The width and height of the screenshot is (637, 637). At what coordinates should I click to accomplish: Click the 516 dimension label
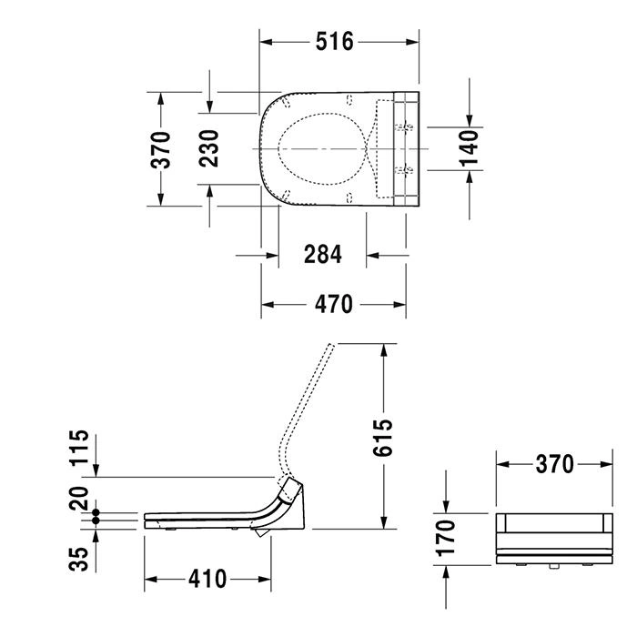coord(335,42)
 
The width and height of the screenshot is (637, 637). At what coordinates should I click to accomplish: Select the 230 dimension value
coord(208,148)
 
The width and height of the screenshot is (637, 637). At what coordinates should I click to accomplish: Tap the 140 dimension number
coord(470,148)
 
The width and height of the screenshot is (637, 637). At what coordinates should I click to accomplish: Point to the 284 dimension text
coord(323,255)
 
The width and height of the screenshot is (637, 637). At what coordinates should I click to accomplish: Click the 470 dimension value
coord(334,305)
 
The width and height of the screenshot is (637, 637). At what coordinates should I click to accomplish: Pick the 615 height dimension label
coord(383,438)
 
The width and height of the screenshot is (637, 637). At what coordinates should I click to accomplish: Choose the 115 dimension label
coord(79,448)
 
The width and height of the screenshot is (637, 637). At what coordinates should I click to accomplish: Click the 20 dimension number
coord(79,498)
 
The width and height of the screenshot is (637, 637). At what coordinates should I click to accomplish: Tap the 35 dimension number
coord(79,559)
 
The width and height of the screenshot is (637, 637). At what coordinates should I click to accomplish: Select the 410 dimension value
coord(207,579)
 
